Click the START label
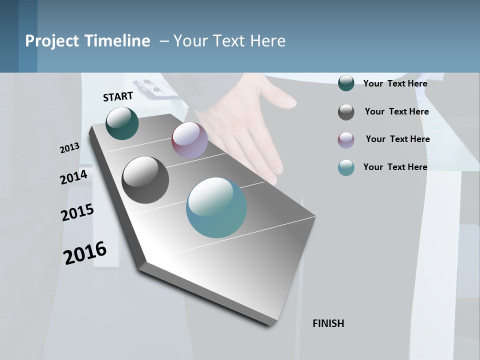118,96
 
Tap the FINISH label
328,323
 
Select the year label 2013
69,148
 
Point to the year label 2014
73,177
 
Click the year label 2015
77,212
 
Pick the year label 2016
85,253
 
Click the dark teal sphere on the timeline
122,123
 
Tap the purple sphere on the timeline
189,140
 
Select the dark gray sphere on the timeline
145,180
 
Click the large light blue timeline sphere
216,207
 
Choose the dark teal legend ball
346,83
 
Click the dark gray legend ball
346,111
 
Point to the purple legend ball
346,140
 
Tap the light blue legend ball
346,167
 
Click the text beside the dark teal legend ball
395,83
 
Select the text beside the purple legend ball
397,139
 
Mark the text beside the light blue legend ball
395,167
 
